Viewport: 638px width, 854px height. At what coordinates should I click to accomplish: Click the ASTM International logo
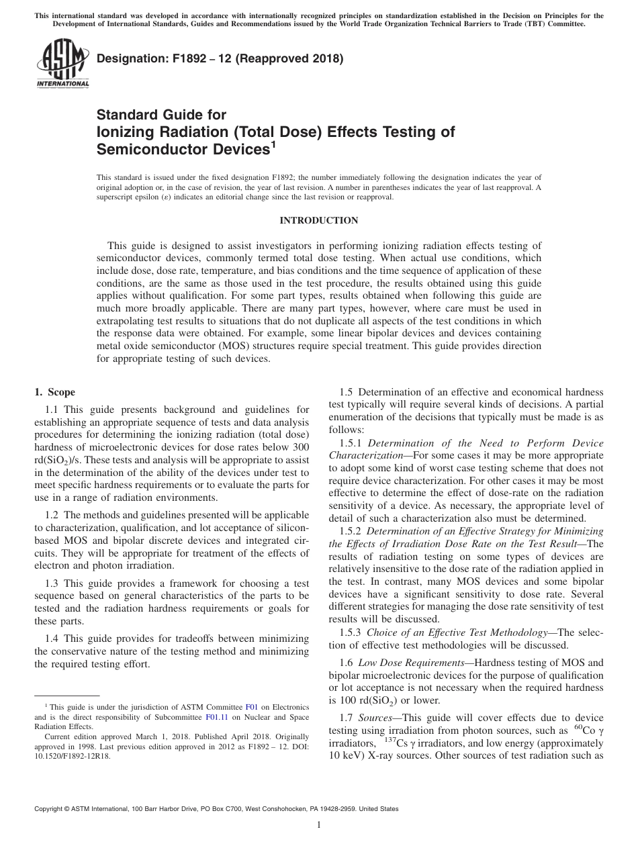coord(62,63)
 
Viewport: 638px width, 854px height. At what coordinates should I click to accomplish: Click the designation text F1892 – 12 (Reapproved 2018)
coord(220,58)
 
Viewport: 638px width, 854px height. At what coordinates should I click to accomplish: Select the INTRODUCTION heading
coord(318,220)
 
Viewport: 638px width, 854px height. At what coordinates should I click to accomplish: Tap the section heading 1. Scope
coord(54,392)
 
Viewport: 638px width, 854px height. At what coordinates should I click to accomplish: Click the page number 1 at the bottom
coord(318,825)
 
